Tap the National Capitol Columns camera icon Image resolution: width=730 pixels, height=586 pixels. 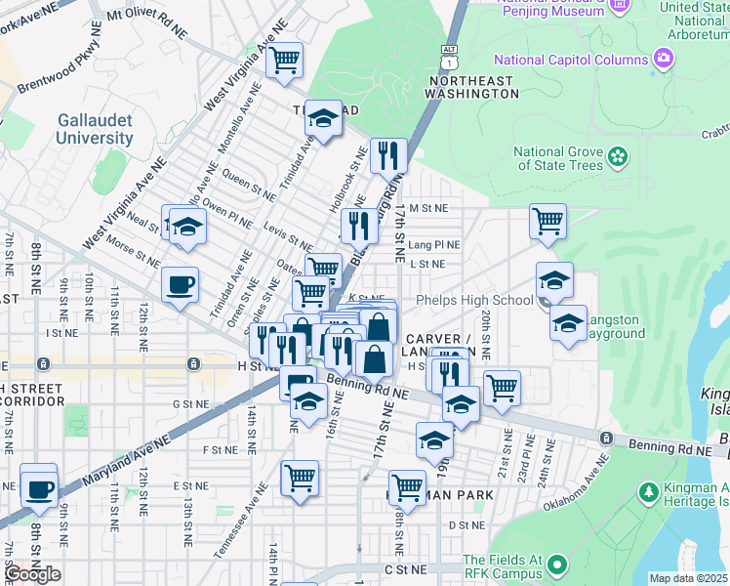coord(665,60)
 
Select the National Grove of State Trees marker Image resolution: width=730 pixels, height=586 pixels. coord(617,156)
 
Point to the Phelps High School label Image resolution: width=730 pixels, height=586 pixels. coord(474,300)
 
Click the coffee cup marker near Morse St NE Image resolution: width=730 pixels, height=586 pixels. coord(181,285)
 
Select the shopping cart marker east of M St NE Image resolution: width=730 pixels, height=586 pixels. coord(548,221)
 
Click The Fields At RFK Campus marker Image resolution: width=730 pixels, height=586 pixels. coord(556,565)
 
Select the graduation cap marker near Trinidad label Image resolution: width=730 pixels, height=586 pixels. coord(323,119)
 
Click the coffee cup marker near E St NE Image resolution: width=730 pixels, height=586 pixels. coord(39,486)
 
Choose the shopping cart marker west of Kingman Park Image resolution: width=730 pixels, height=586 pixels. coord(300,479)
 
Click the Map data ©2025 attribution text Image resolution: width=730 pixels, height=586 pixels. coord(687,578)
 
